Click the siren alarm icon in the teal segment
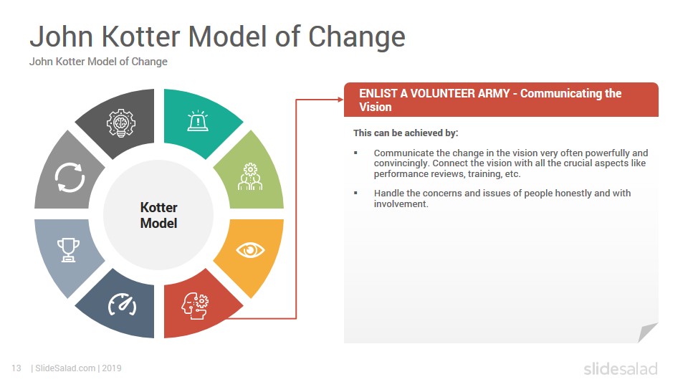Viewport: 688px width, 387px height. (x=198, y=120)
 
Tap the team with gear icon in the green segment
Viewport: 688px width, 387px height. (x=250, y=176)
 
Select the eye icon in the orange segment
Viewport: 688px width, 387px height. (x=250, y=250)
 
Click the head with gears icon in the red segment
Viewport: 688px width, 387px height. (x=195, y=306)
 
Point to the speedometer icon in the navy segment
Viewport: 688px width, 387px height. (x=123, y=305)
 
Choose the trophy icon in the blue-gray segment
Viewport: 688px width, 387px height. (x=69, y=249)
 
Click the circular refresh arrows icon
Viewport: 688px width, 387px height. (x=70, y=177)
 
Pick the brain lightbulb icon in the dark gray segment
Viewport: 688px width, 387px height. (x=121, y=123)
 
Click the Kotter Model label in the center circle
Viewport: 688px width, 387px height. (x=159, y=215)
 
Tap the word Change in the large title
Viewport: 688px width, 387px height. (x=357, y=37)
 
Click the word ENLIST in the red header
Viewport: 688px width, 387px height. (x=378, y=93)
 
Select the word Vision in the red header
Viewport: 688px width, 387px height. (x=375, y=107)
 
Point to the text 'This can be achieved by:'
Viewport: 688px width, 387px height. (x=406, y=133)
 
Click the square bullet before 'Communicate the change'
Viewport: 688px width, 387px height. (x=356, y=153)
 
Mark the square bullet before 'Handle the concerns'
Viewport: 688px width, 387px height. (x=356, y=193)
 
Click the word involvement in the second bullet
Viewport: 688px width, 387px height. (x=400, y=204)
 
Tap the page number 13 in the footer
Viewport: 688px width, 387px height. (x=16, y=368)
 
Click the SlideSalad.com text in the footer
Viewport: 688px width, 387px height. (x=65, y=368)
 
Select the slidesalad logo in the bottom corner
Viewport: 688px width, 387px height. (x=621, y=368)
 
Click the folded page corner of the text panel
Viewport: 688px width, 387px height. (x=646, y=332)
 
